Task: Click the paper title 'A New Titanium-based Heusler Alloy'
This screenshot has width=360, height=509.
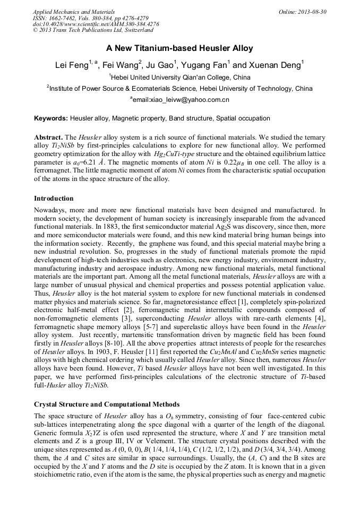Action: coord(179,48)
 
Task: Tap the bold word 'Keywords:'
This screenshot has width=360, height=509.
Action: coord(51,118)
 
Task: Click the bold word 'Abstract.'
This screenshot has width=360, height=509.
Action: coord(49,136)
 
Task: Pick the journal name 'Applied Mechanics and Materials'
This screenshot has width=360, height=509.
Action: coord(74,11)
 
